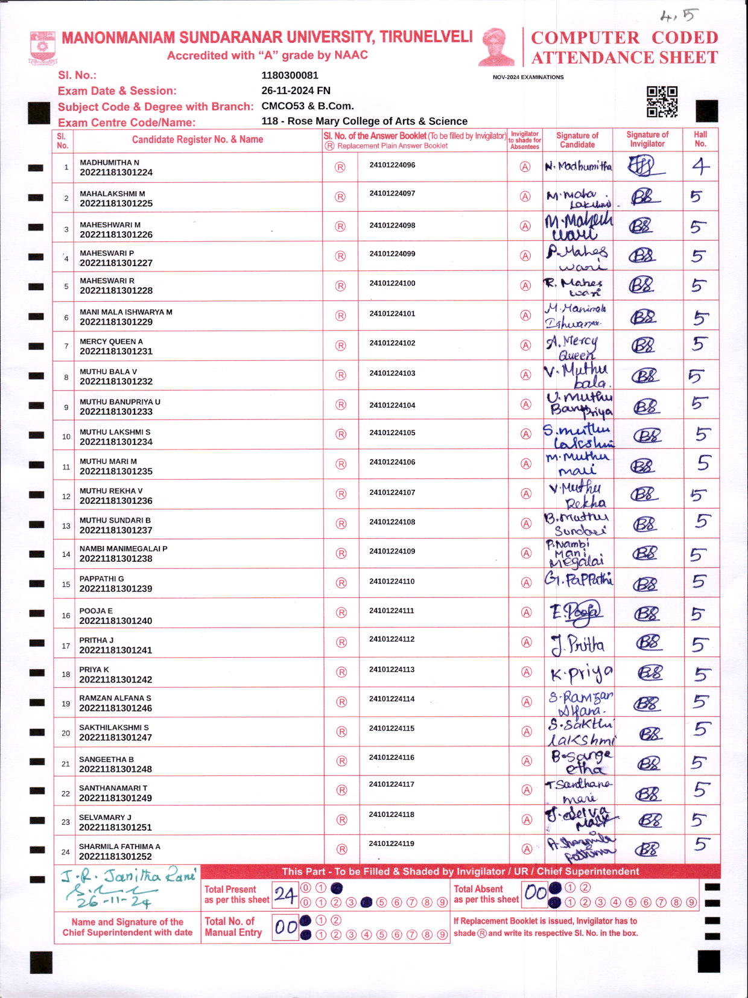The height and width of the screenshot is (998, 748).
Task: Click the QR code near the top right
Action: tap(662, 101)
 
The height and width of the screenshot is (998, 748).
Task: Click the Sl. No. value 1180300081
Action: tap(290, 75)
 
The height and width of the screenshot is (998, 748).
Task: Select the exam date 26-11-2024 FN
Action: tap(296, 91)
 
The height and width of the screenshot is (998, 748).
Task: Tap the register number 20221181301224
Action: tap(116, 173)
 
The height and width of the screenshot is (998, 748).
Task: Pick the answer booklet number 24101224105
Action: tap(392, 433)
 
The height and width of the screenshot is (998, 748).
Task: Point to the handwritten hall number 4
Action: tap(700, 166)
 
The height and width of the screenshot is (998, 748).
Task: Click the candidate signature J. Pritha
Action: tap(577, 644)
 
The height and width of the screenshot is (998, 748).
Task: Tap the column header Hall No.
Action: tap(700, 139)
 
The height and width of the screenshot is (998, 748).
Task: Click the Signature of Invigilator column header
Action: tap(647, 139)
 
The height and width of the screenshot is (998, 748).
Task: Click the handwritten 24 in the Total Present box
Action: tap(285, 895)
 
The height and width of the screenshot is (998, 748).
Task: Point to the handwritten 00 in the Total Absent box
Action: tap(535, 893)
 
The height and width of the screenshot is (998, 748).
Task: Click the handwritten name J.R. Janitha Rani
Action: tap(128, 876)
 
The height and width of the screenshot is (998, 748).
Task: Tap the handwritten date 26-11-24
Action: tap(113, 902)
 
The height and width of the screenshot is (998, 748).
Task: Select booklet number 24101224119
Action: tap(391, 844)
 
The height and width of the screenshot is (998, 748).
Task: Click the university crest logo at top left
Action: tap(42, 48)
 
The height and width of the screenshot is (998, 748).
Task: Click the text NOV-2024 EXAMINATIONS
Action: tap(528, 77)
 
